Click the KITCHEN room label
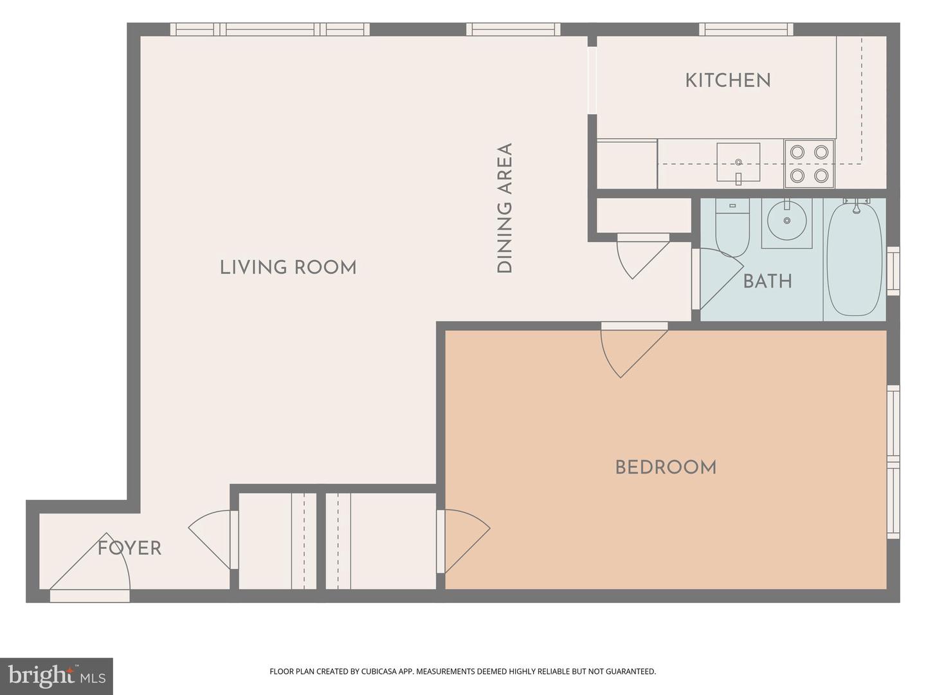pos(727,80)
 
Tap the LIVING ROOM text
pos(287,267)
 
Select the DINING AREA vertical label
pos(505,208)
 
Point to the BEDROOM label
pos(666,467)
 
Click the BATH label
pos(767,281)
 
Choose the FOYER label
pos(129,548)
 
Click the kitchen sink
pos(738,163)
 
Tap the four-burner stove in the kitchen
pos(809,163)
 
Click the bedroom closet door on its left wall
pos(463,541)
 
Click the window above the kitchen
pos(746,29)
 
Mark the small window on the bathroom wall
pos(893,270)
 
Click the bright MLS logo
pos(57,676)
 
